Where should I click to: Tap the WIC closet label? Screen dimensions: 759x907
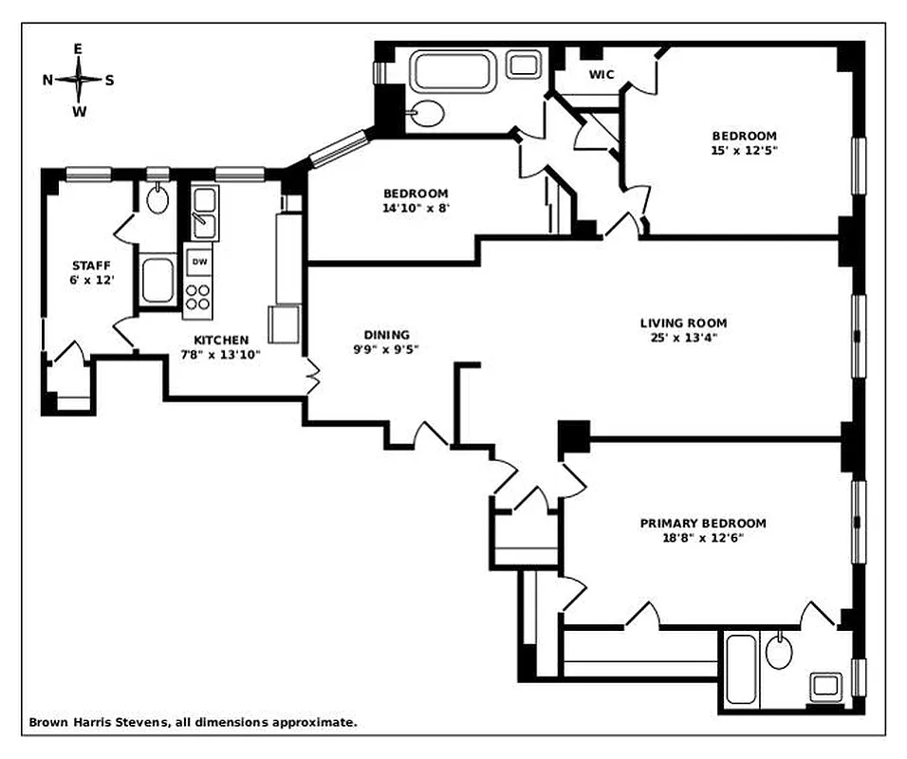(x=602, y=74)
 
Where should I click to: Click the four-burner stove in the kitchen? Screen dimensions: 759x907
(x=199, y=296)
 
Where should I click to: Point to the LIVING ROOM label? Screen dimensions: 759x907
(x=683, y=324)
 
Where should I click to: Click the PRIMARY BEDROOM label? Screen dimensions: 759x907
(x=702, y=523)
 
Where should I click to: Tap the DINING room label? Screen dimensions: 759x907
(x=386, y=334)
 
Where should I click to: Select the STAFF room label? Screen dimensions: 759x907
(x=91, y=266)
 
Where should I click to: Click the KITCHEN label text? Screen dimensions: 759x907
(x=221, y=340)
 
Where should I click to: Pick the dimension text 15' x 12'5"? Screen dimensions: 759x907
(x=744, y=150)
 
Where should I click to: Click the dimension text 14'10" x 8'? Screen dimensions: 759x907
(x=416, y=208)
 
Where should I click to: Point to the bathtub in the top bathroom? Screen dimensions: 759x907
(x=454, y=71)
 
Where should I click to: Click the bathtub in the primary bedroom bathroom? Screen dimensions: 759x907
(x=740, y=669)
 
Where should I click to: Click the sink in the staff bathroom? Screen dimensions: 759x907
(x=157, y=199)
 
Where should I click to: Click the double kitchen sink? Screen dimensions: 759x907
(x=203, y=213)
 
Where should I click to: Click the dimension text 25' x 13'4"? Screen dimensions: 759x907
(x=683, y=339)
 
